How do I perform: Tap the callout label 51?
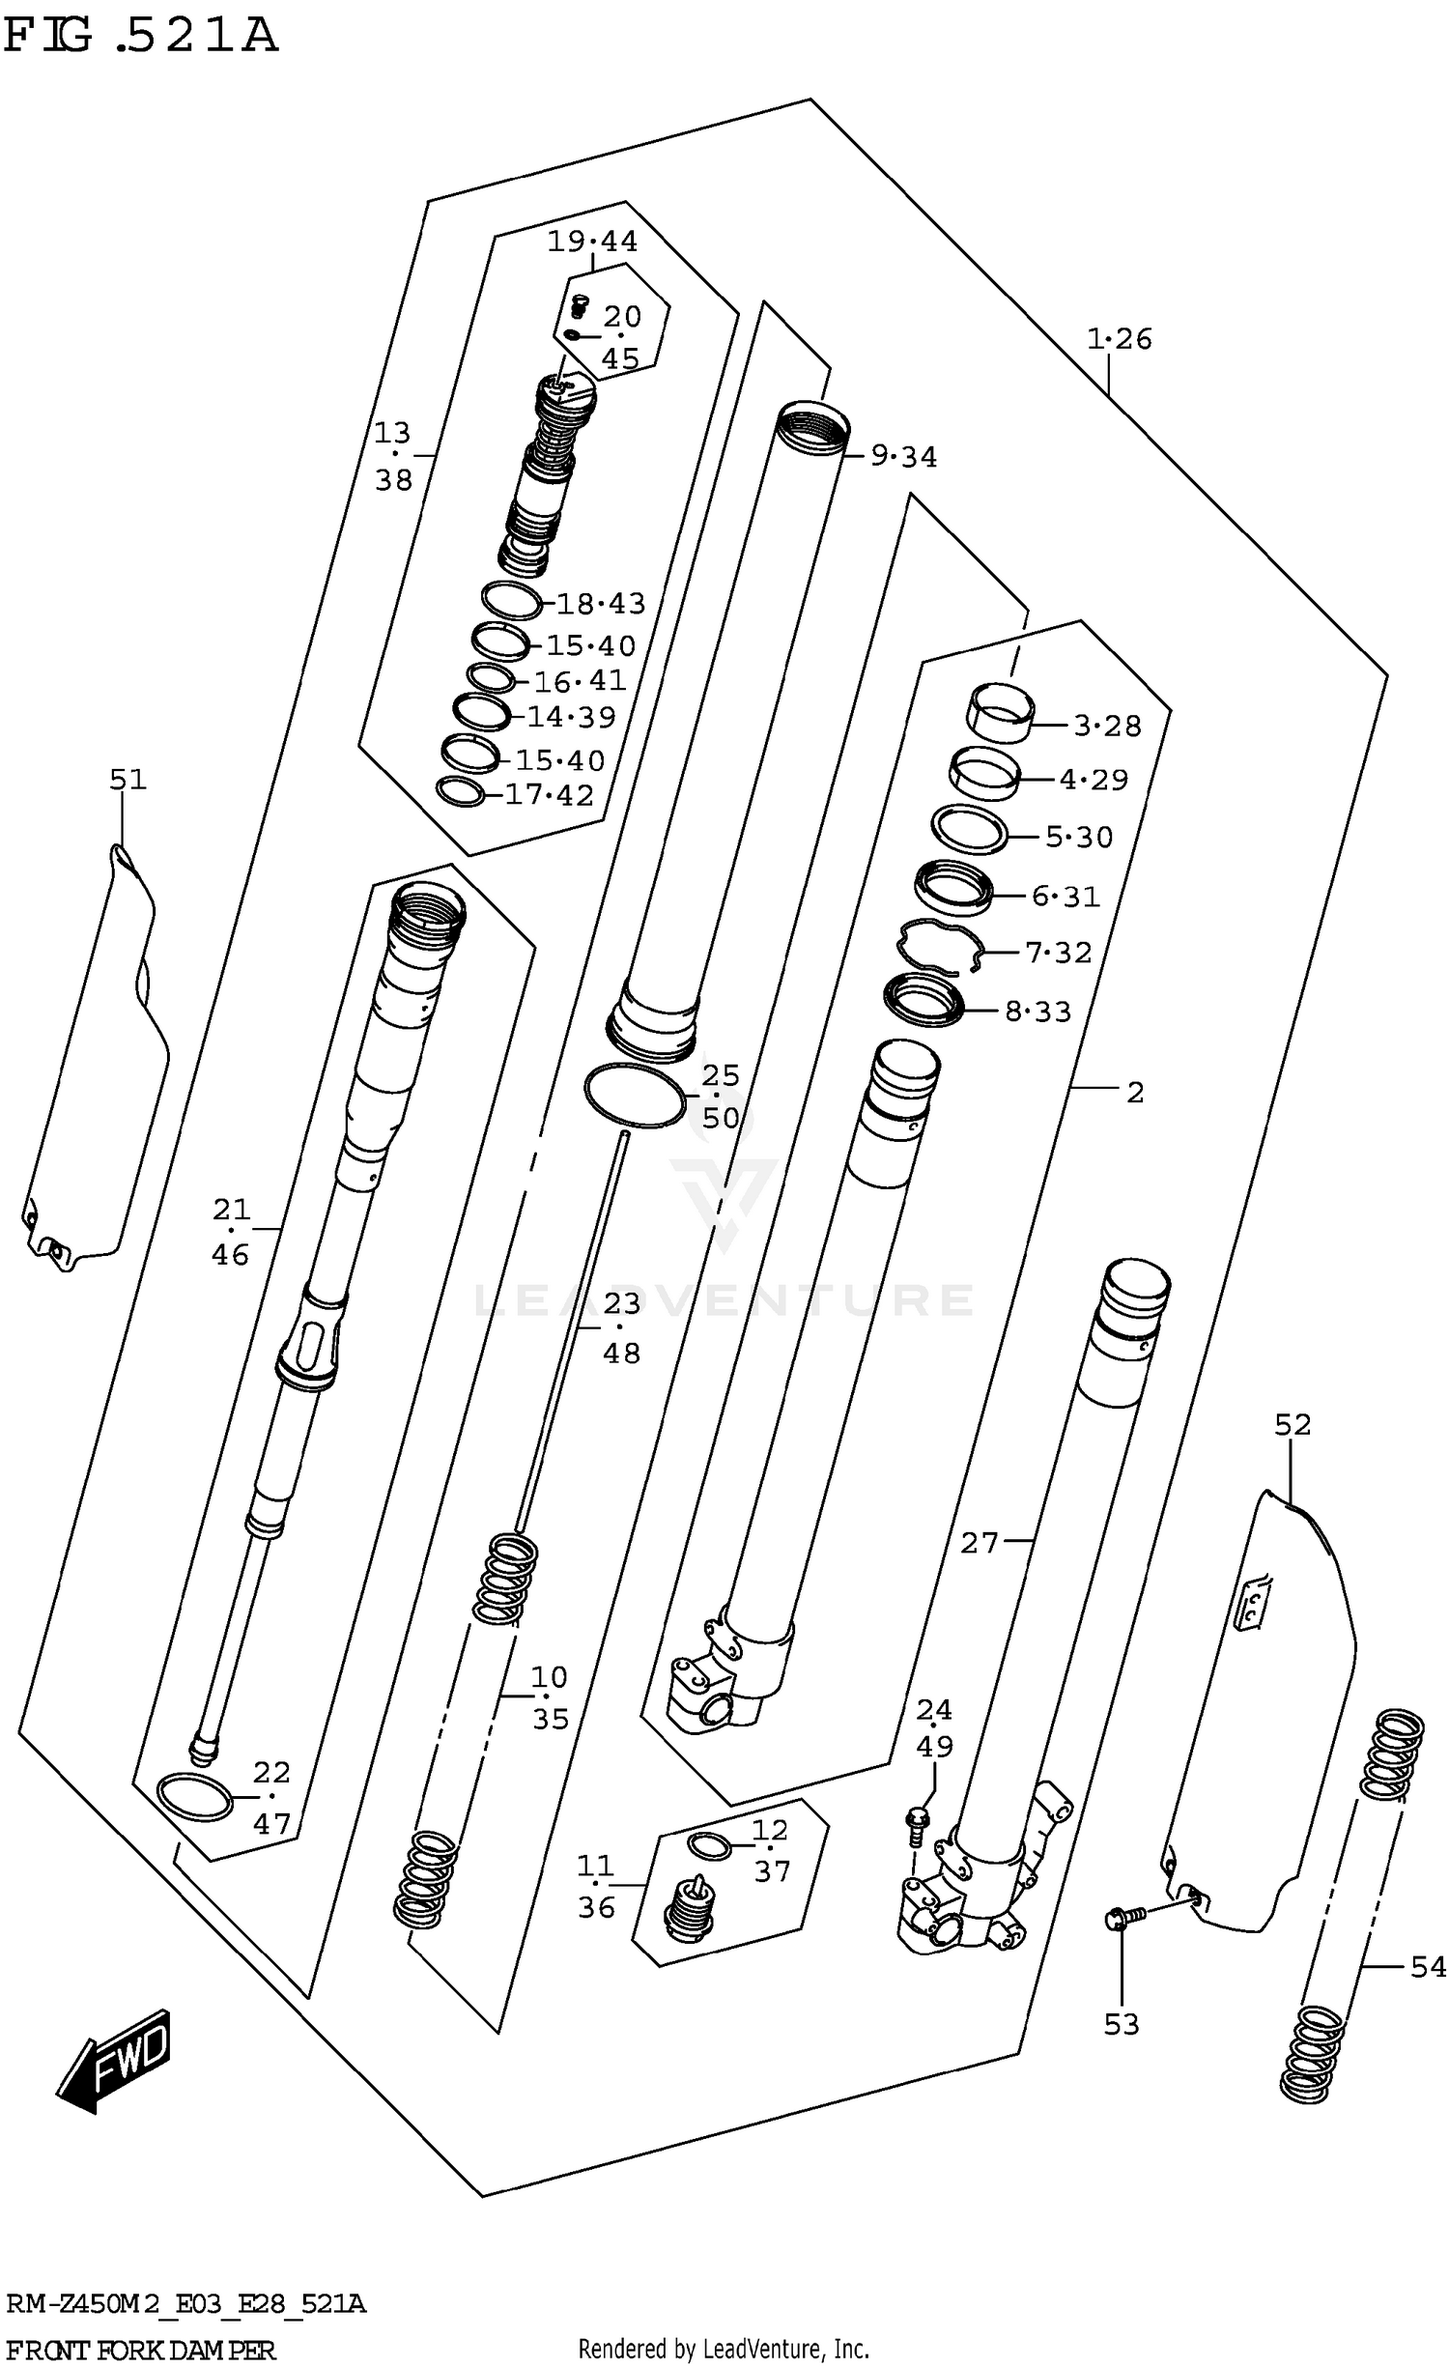click(128, 779)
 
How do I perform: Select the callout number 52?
click(1293, 1424)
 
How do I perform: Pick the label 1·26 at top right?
click(1120, 339)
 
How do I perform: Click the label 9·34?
click(904, 456)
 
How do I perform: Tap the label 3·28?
click(1107, 725)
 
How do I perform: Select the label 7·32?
click(1059, 953)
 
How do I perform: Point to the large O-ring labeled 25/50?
click(635, 1096)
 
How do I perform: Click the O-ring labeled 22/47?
click(194, 1798)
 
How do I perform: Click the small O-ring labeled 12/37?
click(710, 1846)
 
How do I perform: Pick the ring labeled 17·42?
click(461, 791)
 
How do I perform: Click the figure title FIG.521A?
click(141, 37)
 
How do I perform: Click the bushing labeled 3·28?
click(1001, 713)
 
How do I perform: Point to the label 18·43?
click(601, 604)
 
